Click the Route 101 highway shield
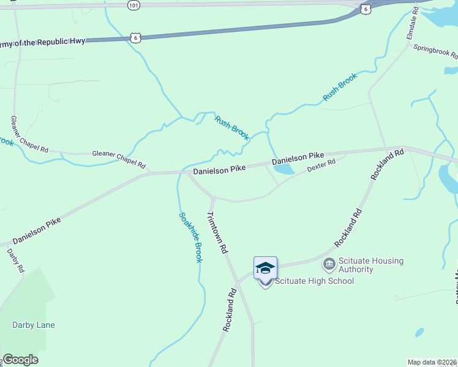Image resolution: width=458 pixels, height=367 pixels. coord(134,5)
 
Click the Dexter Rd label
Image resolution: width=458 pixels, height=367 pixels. coord(321,166)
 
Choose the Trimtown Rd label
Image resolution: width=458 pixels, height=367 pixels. coord(217,233)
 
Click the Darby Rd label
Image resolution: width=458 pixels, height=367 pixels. coord(16,261)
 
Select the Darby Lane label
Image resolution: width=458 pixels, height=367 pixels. coord(34,325)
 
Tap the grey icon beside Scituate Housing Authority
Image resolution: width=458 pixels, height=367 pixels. coord(329,264)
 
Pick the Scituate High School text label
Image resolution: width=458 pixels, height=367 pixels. coord(314,281)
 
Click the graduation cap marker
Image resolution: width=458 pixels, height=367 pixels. coord(265,269)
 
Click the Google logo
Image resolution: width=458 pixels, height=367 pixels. coord(20,360)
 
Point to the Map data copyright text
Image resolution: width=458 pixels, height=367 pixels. coord(432,362)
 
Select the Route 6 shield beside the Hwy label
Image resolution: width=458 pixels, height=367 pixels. coord(136,38)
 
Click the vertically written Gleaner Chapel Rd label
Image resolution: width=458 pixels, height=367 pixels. coord(29,134)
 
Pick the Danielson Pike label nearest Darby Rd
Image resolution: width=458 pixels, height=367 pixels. coord(37,232)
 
